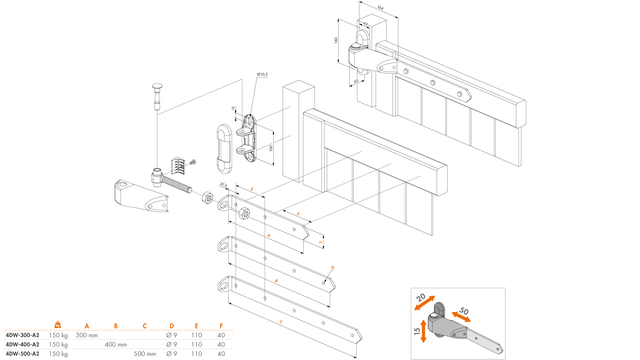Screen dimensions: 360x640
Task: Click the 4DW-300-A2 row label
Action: (x=22, y=335)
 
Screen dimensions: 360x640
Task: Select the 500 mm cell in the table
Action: (x=145, y=354)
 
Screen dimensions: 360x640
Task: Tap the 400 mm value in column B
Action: (x=116, y=345)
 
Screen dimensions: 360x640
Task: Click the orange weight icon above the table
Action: (x=58, y=325)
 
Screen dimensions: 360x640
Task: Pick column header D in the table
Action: (x=172, y=326)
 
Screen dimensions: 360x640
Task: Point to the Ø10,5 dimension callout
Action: (x=262, y=74)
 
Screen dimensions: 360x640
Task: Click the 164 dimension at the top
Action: (x=380, y=8)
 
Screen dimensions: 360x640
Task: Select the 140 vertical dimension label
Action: (x=336, y=40)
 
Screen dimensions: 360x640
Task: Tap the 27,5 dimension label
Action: (x=223, y=185)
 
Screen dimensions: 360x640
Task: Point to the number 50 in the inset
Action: (x=464, y=311)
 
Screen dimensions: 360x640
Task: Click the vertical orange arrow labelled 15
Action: (x=423, y=331)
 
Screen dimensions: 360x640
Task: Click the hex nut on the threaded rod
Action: (x=207, y=198)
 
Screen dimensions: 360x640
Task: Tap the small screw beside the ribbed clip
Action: (x=193, y=162)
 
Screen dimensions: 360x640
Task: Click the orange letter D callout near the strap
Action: (x=333, y=267)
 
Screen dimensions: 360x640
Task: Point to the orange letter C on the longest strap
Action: (x=281, y=322)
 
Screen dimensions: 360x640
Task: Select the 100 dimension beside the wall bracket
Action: (x=271, y=148)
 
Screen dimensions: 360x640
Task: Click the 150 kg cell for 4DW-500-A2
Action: (x=58, y=354)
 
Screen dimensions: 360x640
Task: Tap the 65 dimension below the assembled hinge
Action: (x=356, y=81)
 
